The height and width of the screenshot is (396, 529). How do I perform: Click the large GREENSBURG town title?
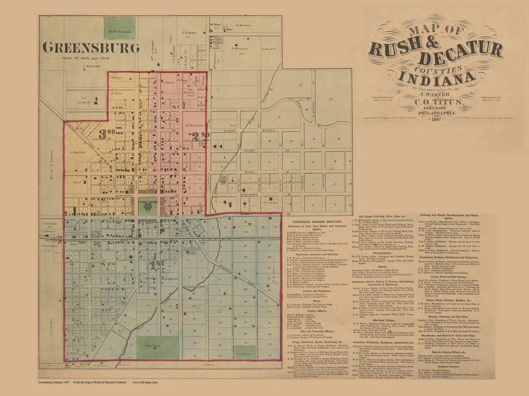[x=91, y=48]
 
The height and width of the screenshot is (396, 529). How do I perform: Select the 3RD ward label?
[x=106, y=134]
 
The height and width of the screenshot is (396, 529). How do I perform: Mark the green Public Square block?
[x=147, y=206]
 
